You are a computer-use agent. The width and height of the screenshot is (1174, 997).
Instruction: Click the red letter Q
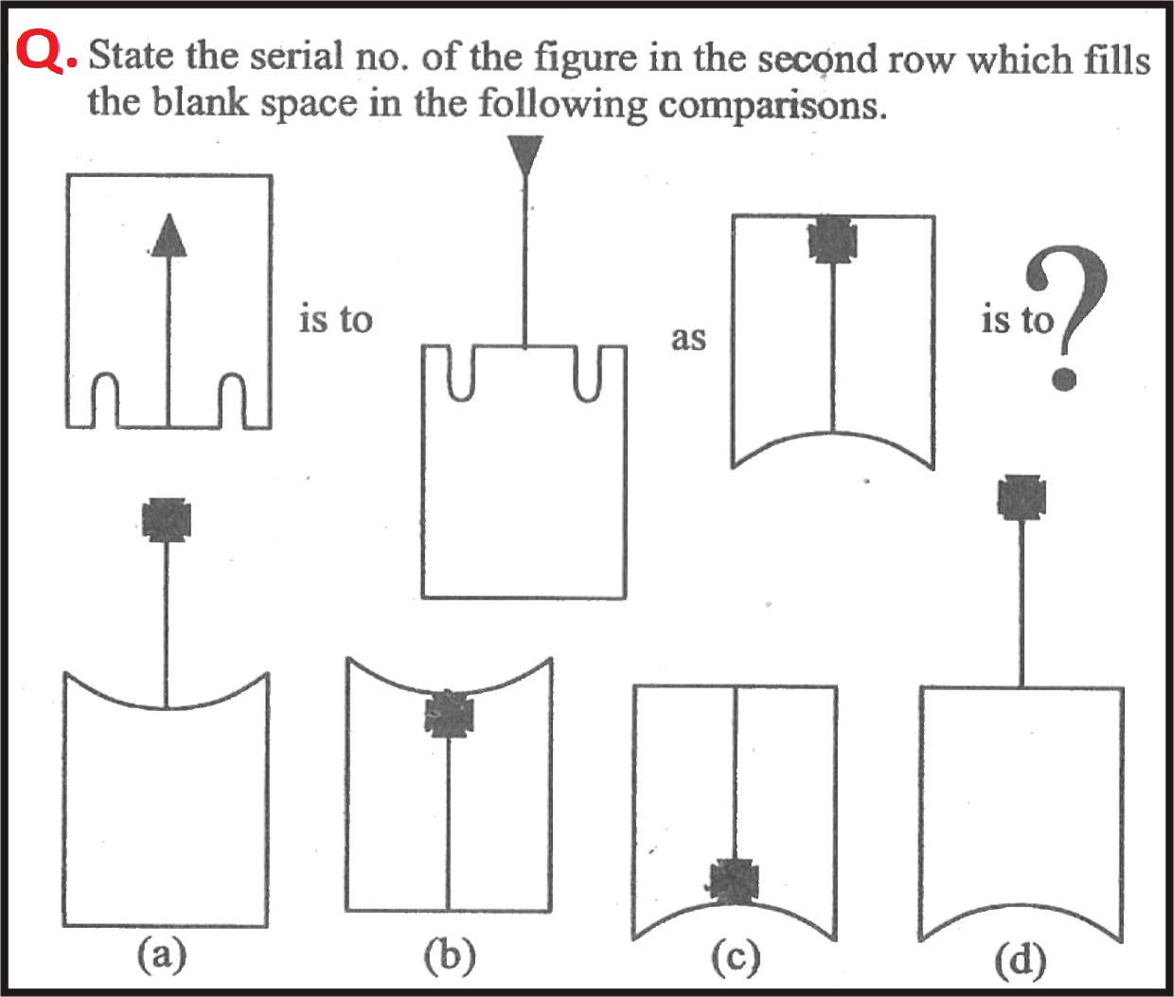(x=40, y=53)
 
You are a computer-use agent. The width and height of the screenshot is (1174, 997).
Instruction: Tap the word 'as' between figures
(x=688, y=339)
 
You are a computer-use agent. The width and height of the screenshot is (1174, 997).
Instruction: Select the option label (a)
(x=162, y=955)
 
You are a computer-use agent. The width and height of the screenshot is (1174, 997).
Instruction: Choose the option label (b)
(x=450, y=955)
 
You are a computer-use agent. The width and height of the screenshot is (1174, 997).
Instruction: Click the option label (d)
(x=1021, y=961)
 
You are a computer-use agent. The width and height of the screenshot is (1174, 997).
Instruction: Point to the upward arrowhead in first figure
(x=169, y=235)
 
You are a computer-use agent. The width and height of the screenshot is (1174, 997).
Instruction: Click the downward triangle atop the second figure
(x=525, y=155)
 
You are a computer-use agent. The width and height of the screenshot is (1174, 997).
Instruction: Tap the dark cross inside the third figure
(x=832, y=240)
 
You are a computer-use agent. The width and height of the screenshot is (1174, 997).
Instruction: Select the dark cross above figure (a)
(x=167, y=520)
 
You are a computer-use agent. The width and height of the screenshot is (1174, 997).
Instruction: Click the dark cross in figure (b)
(x=449, y=714)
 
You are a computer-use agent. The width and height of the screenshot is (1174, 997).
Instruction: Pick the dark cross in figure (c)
(x=735, y=881)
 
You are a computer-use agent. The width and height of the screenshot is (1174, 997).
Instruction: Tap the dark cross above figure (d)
(x=1023, y=497)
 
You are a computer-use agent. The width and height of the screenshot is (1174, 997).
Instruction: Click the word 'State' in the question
(x=132, y=56)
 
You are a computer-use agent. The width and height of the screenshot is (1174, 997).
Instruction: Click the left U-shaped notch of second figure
(x=461, y=373)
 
